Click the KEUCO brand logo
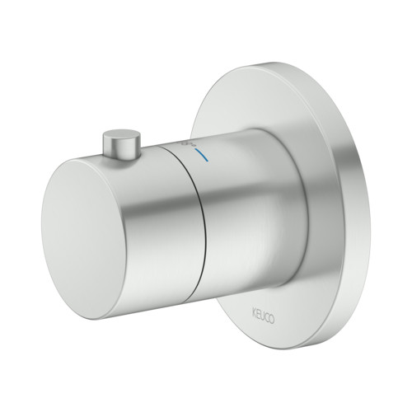[263, 316]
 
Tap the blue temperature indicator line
[201, 155]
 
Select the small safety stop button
[122, 143]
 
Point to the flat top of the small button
[122, 135]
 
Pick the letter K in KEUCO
[255, 312]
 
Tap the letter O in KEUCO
[271, 320]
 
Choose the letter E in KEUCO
[258, 314]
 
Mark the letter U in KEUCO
[262, 316]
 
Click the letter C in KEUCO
[266, 317]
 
